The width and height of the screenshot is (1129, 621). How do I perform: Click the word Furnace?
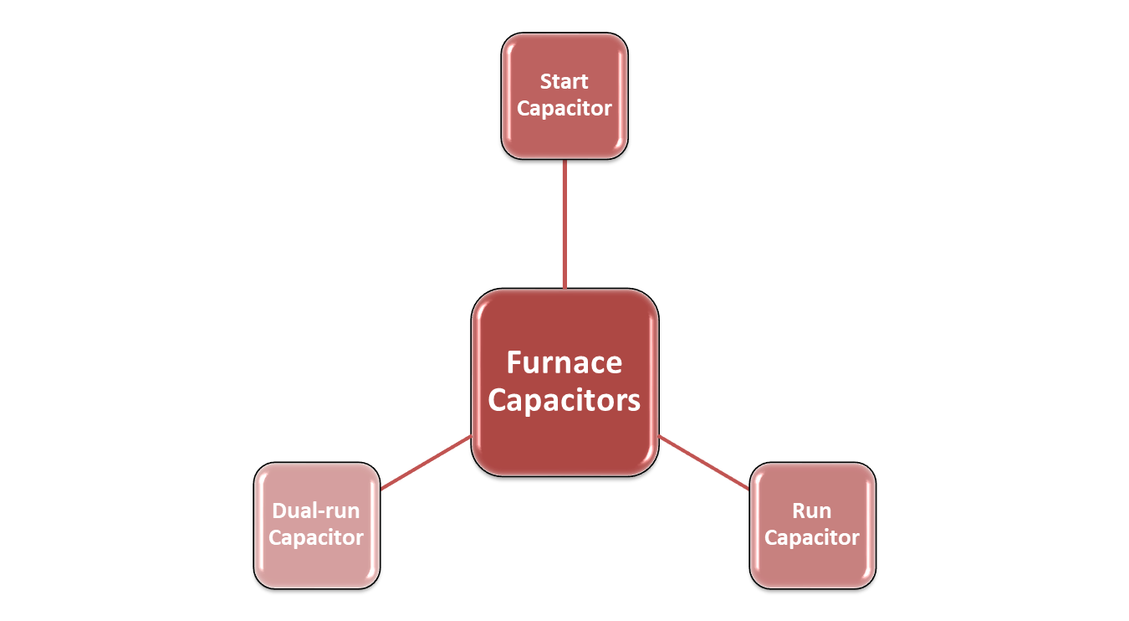tap(564, 363)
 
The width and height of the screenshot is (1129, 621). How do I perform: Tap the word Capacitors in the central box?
tap(564, 400)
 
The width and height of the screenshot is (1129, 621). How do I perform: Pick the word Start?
tap(564, 82)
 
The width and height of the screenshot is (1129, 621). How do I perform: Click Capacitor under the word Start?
tap(564, 109)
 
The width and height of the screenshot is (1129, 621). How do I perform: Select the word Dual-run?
tap(316, 511)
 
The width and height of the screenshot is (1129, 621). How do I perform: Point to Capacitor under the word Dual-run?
tap(316, 537)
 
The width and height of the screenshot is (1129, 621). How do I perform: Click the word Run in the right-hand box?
tap(811, 511)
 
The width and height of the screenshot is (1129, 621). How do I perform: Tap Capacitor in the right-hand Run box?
tap(811, 537)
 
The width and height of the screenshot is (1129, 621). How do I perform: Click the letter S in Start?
tap(545, 82)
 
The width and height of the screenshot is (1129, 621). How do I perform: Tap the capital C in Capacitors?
tap(498, 400)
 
